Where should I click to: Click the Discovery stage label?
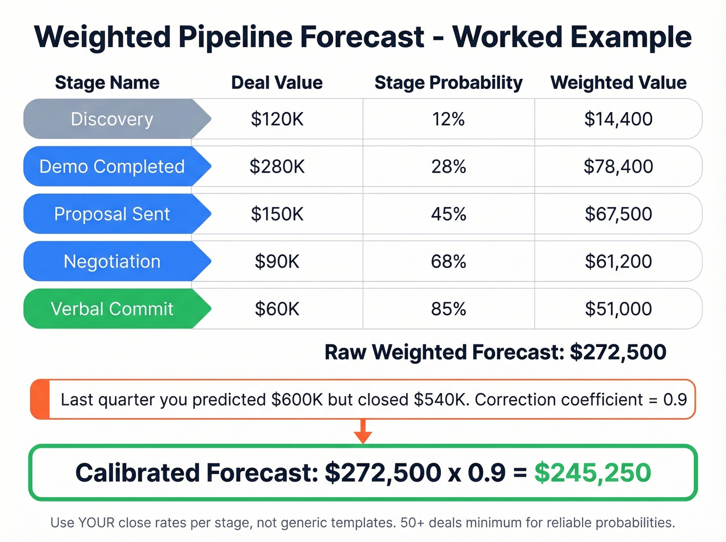click(112, 119)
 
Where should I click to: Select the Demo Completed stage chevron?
click(112, 166)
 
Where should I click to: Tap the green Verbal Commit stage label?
click(112, 309)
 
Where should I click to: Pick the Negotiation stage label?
click(112, 261)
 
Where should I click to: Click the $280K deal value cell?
click(277, 166)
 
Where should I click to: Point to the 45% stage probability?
click(449, 214)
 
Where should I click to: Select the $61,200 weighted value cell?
click(618, 261)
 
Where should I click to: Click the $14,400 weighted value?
click(618, 119)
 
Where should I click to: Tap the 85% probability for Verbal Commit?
click(449, 309)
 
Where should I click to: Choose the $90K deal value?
click(277, 261)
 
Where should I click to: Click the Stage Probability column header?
click(449, 82)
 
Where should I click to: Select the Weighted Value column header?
click(618, 82)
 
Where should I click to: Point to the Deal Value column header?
click(277, 82)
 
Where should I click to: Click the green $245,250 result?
click(592, 472)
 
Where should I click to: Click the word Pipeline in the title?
click(238, 37)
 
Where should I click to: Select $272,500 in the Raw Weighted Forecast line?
click(618, 352)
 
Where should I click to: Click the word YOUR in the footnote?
click(96, 522)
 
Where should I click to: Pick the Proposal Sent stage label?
click(112, 214)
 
